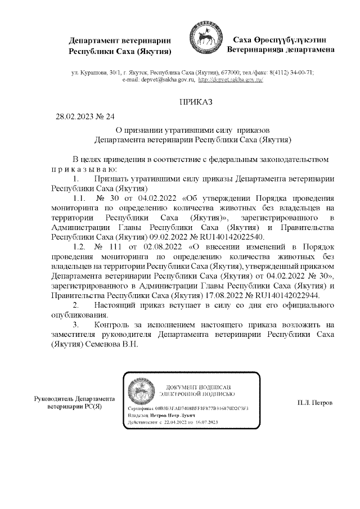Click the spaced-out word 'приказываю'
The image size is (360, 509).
[84, 169]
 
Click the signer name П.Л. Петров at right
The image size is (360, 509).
[315, 403]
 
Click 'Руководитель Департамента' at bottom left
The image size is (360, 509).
[74, 398]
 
